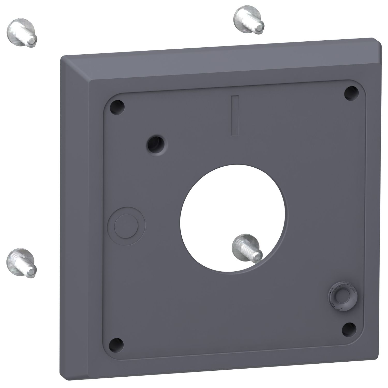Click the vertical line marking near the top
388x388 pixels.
point(235,115)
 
